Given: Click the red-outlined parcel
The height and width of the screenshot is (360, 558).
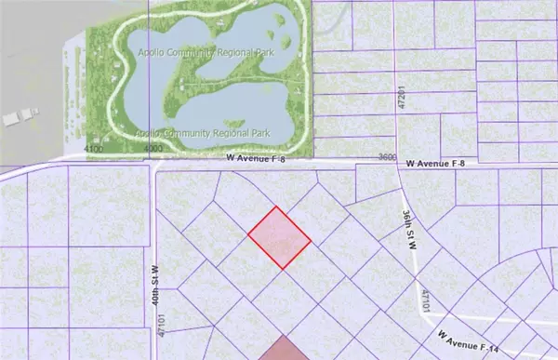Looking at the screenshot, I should point(279,238).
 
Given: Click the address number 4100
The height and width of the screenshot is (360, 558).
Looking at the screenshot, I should point(93,149).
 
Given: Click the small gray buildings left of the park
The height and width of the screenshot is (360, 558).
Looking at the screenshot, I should point(19,118).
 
